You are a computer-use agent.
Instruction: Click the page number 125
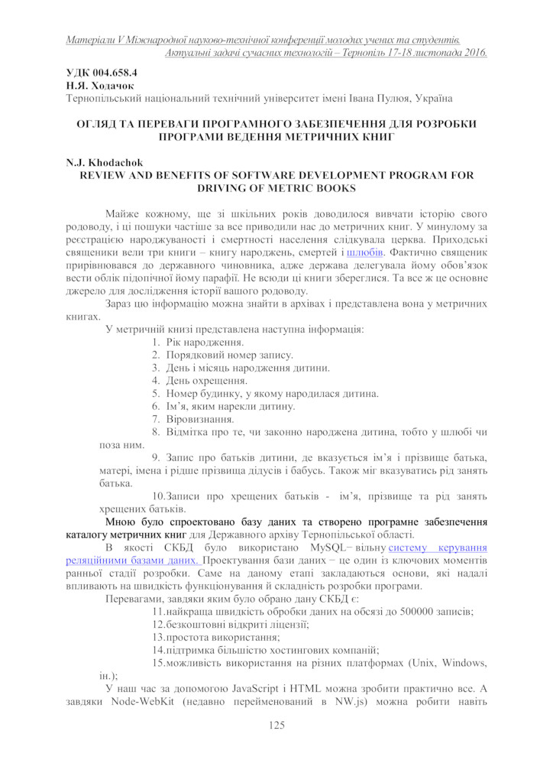point(276,725)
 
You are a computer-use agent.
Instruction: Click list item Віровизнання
point(200,419)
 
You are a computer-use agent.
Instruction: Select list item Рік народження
point(200,342)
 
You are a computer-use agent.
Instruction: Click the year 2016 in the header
point(474,52)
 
